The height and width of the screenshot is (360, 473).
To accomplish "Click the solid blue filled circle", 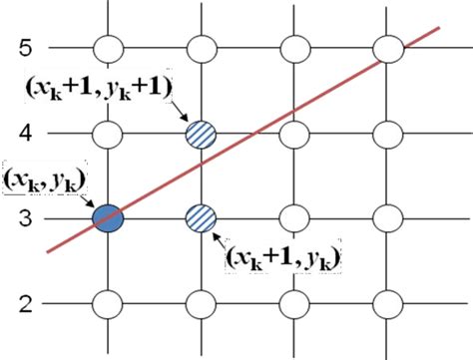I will pos(107,216).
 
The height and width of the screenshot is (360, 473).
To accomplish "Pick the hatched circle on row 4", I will pos(201,132).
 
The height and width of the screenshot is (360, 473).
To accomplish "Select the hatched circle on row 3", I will pos(201,216).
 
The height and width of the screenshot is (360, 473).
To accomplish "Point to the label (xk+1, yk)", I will pos(282,258).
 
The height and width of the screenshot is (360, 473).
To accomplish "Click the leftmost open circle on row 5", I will pos(107,48).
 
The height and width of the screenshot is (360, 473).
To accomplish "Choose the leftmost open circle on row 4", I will pos(107,132).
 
